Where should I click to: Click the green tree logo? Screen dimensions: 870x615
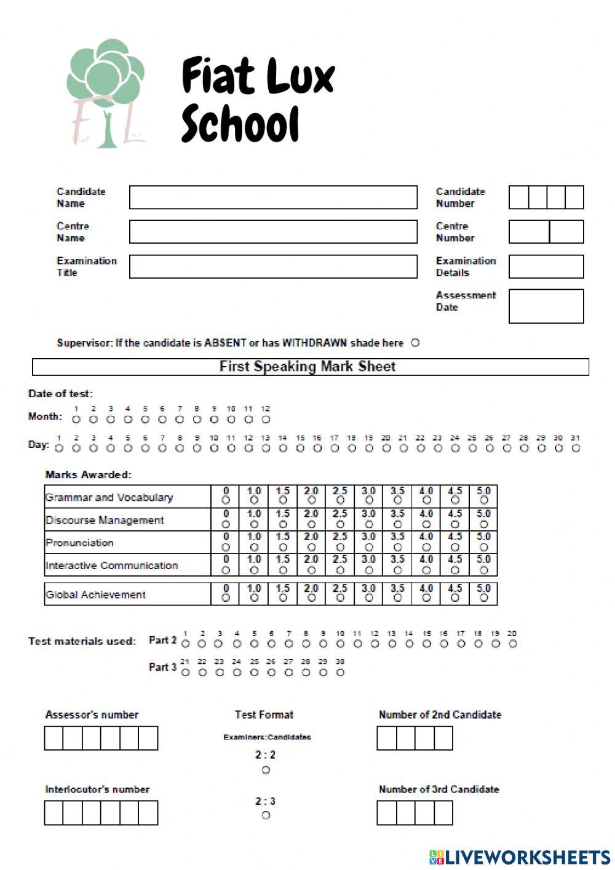coord(105,92)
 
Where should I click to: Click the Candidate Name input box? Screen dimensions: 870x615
coord(273,198)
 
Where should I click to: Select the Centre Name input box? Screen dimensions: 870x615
coord(273,232)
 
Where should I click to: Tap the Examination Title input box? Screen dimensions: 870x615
coord(273,267)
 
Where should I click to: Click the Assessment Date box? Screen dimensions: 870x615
coord(546,306)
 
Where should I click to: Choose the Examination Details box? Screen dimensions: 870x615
coord(546,267)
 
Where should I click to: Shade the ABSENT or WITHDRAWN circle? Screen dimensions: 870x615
coord(415,343)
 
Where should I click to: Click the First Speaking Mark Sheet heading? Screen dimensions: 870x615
coord(307,367)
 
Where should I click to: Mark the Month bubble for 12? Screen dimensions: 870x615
coord(266,420)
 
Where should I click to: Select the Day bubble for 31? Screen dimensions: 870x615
coord(576,449)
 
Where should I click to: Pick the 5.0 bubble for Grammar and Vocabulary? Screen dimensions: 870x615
coord(483,501)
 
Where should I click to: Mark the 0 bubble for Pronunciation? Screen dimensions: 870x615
coord(226,547)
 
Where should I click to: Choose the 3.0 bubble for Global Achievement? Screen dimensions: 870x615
coord(368,598)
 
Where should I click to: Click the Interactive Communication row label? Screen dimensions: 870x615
coord(111,565)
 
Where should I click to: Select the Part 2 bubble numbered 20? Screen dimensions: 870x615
coord(512,644)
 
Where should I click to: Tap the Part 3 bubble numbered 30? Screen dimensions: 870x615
coord(340,672)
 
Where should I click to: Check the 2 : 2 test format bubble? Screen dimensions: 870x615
coord(266,770)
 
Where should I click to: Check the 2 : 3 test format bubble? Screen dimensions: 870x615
coord(266,815)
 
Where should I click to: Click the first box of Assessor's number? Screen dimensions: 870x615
coord(54,738)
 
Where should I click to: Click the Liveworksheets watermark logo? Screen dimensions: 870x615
coord(520,857)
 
